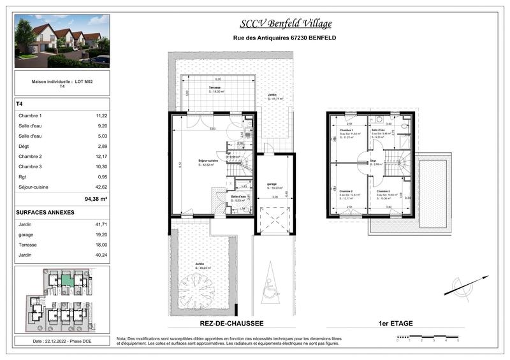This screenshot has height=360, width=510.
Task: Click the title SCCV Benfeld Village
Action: point(285,24)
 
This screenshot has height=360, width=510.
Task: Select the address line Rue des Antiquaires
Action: point(285,38)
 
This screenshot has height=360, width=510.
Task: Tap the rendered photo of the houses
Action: point(62,41)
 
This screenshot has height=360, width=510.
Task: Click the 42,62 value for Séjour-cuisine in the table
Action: point(101,187)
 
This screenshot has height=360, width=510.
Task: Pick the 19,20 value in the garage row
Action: point(101,234)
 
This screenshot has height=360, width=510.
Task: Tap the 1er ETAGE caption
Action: point(395,324)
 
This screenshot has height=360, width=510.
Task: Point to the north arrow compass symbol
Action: point(467,285)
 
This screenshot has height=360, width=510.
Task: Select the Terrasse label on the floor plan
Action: point(215,88)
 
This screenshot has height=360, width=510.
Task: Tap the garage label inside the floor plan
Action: point(271,184)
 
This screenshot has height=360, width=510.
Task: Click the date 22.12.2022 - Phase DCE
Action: point(62,342)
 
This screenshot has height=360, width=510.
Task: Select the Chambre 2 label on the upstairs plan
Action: point(346,191)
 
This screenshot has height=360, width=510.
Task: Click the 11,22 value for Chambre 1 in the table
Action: point(101,115)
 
